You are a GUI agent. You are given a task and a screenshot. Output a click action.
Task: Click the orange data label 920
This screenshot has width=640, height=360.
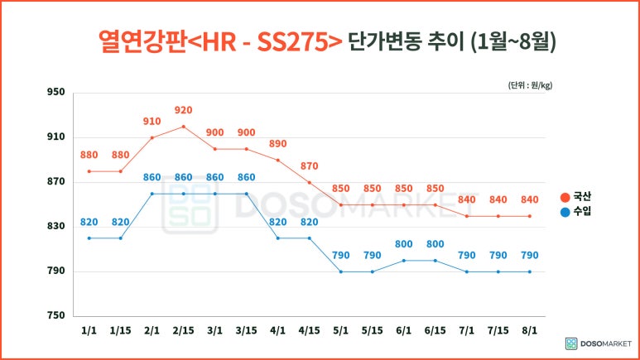tap(183, 110)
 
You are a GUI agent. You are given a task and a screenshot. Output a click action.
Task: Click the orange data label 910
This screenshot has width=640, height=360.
tap(152, 121)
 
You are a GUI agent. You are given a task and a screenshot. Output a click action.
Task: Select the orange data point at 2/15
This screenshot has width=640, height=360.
tap(183, 127)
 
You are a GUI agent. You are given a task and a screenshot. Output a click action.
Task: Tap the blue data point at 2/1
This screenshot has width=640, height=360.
tap(152, 194)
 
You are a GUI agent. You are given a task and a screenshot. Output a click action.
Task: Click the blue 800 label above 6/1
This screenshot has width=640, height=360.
tap(403, 244)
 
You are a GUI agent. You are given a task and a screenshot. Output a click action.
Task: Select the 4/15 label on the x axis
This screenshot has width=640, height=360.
tap(309, 330)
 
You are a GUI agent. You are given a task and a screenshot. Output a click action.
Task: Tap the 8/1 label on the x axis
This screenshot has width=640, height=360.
tap(530, 330)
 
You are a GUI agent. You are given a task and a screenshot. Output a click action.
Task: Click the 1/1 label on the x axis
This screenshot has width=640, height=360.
tap(89, 330)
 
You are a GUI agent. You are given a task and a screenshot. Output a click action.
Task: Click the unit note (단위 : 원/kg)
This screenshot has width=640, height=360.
tap(530, 85)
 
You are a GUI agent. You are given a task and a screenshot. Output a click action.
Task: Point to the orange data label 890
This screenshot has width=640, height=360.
tap(277, 143)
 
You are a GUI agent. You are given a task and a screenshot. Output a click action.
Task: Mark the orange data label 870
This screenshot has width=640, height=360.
tap(309, 166)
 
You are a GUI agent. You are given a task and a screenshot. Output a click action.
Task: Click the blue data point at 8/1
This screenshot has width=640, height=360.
tap(530, 271)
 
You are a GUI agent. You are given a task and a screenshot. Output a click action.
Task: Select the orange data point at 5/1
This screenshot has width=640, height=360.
tap(340, 204)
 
